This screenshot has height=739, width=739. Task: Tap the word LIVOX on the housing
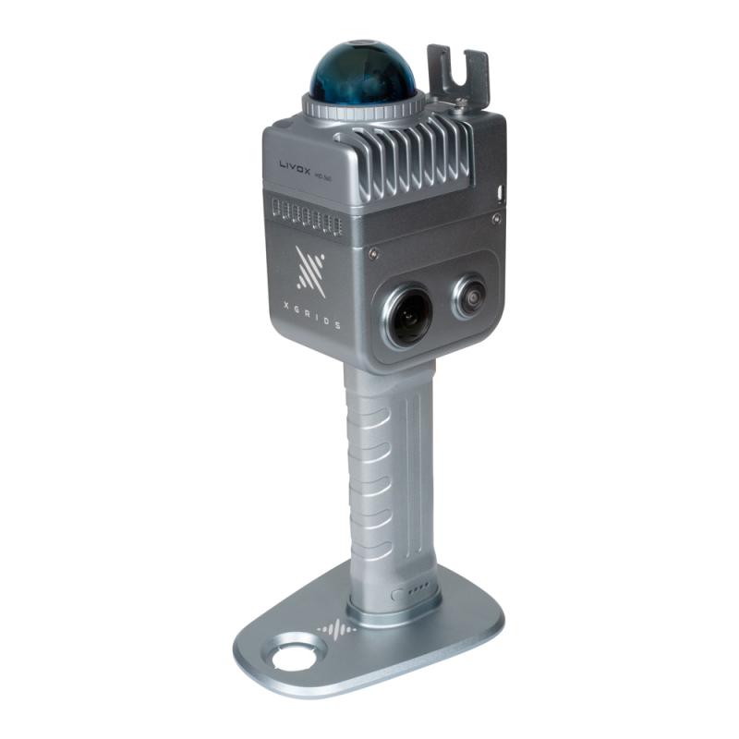pyautogui.click(x=298, y=166)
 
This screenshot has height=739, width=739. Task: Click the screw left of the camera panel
pyautogui.click(x=372, y=253)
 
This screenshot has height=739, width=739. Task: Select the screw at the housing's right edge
pyautogui.click(x=497, y=220)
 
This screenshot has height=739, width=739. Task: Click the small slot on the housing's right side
pyautogui.click(x=500, y=192)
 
